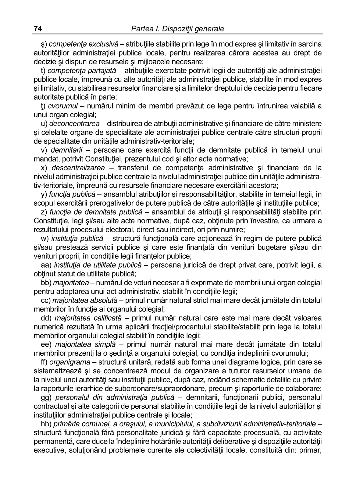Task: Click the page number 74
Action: (x=37, y=29)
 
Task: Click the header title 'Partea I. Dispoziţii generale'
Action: (x=177, y=29)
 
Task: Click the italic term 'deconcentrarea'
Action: (x=74, y=124)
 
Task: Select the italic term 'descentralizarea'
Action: (x=78, y=168)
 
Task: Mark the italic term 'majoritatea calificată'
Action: (x=88, y=318)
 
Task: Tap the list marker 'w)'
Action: (x=45, y=239)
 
